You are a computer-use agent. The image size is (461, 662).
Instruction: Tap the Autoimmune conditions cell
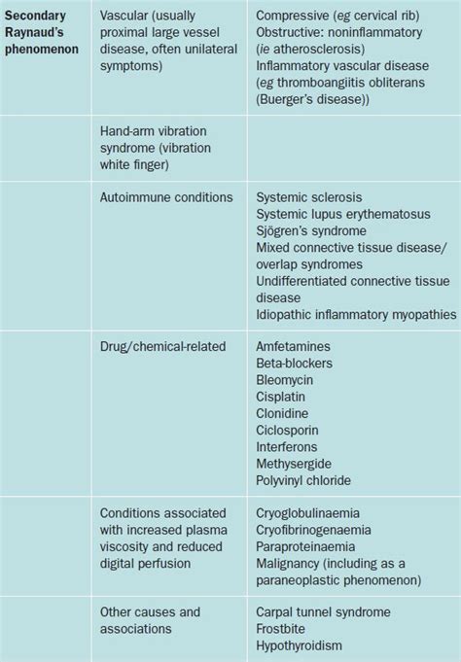(x=166, y=196)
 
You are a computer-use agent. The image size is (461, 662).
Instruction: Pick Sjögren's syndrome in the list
(x=311, y=231)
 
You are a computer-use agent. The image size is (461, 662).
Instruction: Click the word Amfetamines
(x=293, y=346)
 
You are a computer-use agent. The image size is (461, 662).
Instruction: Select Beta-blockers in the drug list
(x=295, y=363)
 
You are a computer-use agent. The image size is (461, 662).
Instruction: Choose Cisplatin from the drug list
(x=283, y=397)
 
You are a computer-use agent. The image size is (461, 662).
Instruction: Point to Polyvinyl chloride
(x=303, y=480)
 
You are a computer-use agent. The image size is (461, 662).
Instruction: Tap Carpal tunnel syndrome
(x=323, y=612)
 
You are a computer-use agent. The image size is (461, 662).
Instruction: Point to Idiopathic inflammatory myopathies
(x=356, y=314)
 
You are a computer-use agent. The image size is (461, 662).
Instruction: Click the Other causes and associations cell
(x=151, y=620)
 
